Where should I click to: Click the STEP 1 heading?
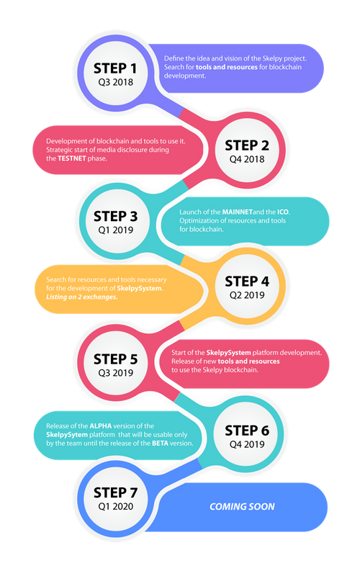[x=115, y=68]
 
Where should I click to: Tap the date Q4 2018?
[x=247, y=159]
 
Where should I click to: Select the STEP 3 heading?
[x=115, y=217]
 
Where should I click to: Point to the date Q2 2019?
[x=247, y=295]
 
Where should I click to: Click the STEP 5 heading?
[x=115, y=359]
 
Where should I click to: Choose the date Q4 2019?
[x=247, y=444]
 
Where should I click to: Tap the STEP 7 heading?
[x=115, y=492]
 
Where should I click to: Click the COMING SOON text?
[x=242, y=507]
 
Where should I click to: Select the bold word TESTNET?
[x=71, y=158]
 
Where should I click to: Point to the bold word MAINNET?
[x=238, y=212]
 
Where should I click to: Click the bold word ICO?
[x=283, y=212]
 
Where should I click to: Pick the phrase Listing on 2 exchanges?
[x=82, y=297]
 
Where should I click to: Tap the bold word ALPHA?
[x=101, y=426]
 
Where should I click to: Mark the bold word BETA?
[x=160, y=444]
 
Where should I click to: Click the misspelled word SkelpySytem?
[x=67, y=435]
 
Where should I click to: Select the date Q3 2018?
[x=115, y=82]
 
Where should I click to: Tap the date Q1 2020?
[x=115, y=507]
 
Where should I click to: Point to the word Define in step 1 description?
[x=174, y=58]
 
